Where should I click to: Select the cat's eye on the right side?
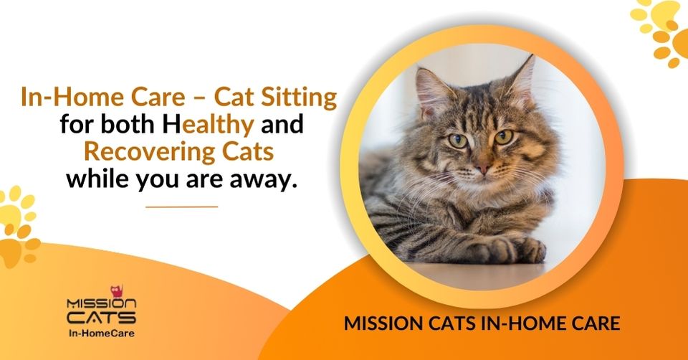click(x=504, y=136)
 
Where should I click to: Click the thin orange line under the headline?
click(x=181, y=207)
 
